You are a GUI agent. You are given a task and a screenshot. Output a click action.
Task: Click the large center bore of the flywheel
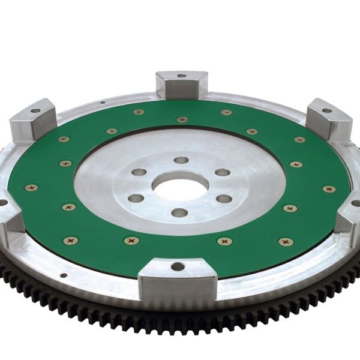coord(181,185)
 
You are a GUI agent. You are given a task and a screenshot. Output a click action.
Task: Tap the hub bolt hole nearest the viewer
coord(179,212)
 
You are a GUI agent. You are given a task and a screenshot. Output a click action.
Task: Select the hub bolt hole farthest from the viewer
coord(181,160)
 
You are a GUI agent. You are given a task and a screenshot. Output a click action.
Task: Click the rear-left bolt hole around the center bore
coord(139,172)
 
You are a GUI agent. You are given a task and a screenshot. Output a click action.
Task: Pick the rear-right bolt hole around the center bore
coord(223,172)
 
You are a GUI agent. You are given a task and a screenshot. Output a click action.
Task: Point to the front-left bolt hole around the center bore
coord(136,198)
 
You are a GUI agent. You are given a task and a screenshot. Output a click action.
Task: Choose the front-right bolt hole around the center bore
coord(224,199)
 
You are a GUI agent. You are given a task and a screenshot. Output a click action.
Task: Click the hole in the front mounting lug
coord(178,266)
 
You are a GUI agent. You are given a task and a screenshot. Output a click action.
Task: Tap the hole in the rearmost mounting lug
coord(181,76)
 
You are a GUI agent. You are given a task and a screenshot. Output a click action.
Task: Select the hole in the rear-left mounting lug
coord(35,110)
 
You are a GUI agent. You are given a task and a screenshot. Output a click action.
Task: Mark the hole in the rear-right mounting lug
coord(326,110)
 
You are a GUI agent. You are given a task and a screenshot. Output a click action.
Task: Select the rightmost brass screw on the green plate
coord(329,189)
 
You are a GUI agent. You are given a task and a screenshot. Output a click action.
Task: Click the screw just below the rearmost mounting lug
coord(182,119)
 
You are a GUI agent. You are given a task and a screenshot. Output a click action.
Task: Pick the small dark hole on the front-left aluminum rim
coord(64,275)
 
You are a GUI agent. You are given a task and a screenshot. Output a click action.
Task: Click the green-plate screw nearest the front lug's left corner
coord(132,240)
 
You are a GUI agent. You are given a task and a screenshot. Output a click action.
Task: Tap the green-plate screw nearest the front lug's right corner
coord(225,241)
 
